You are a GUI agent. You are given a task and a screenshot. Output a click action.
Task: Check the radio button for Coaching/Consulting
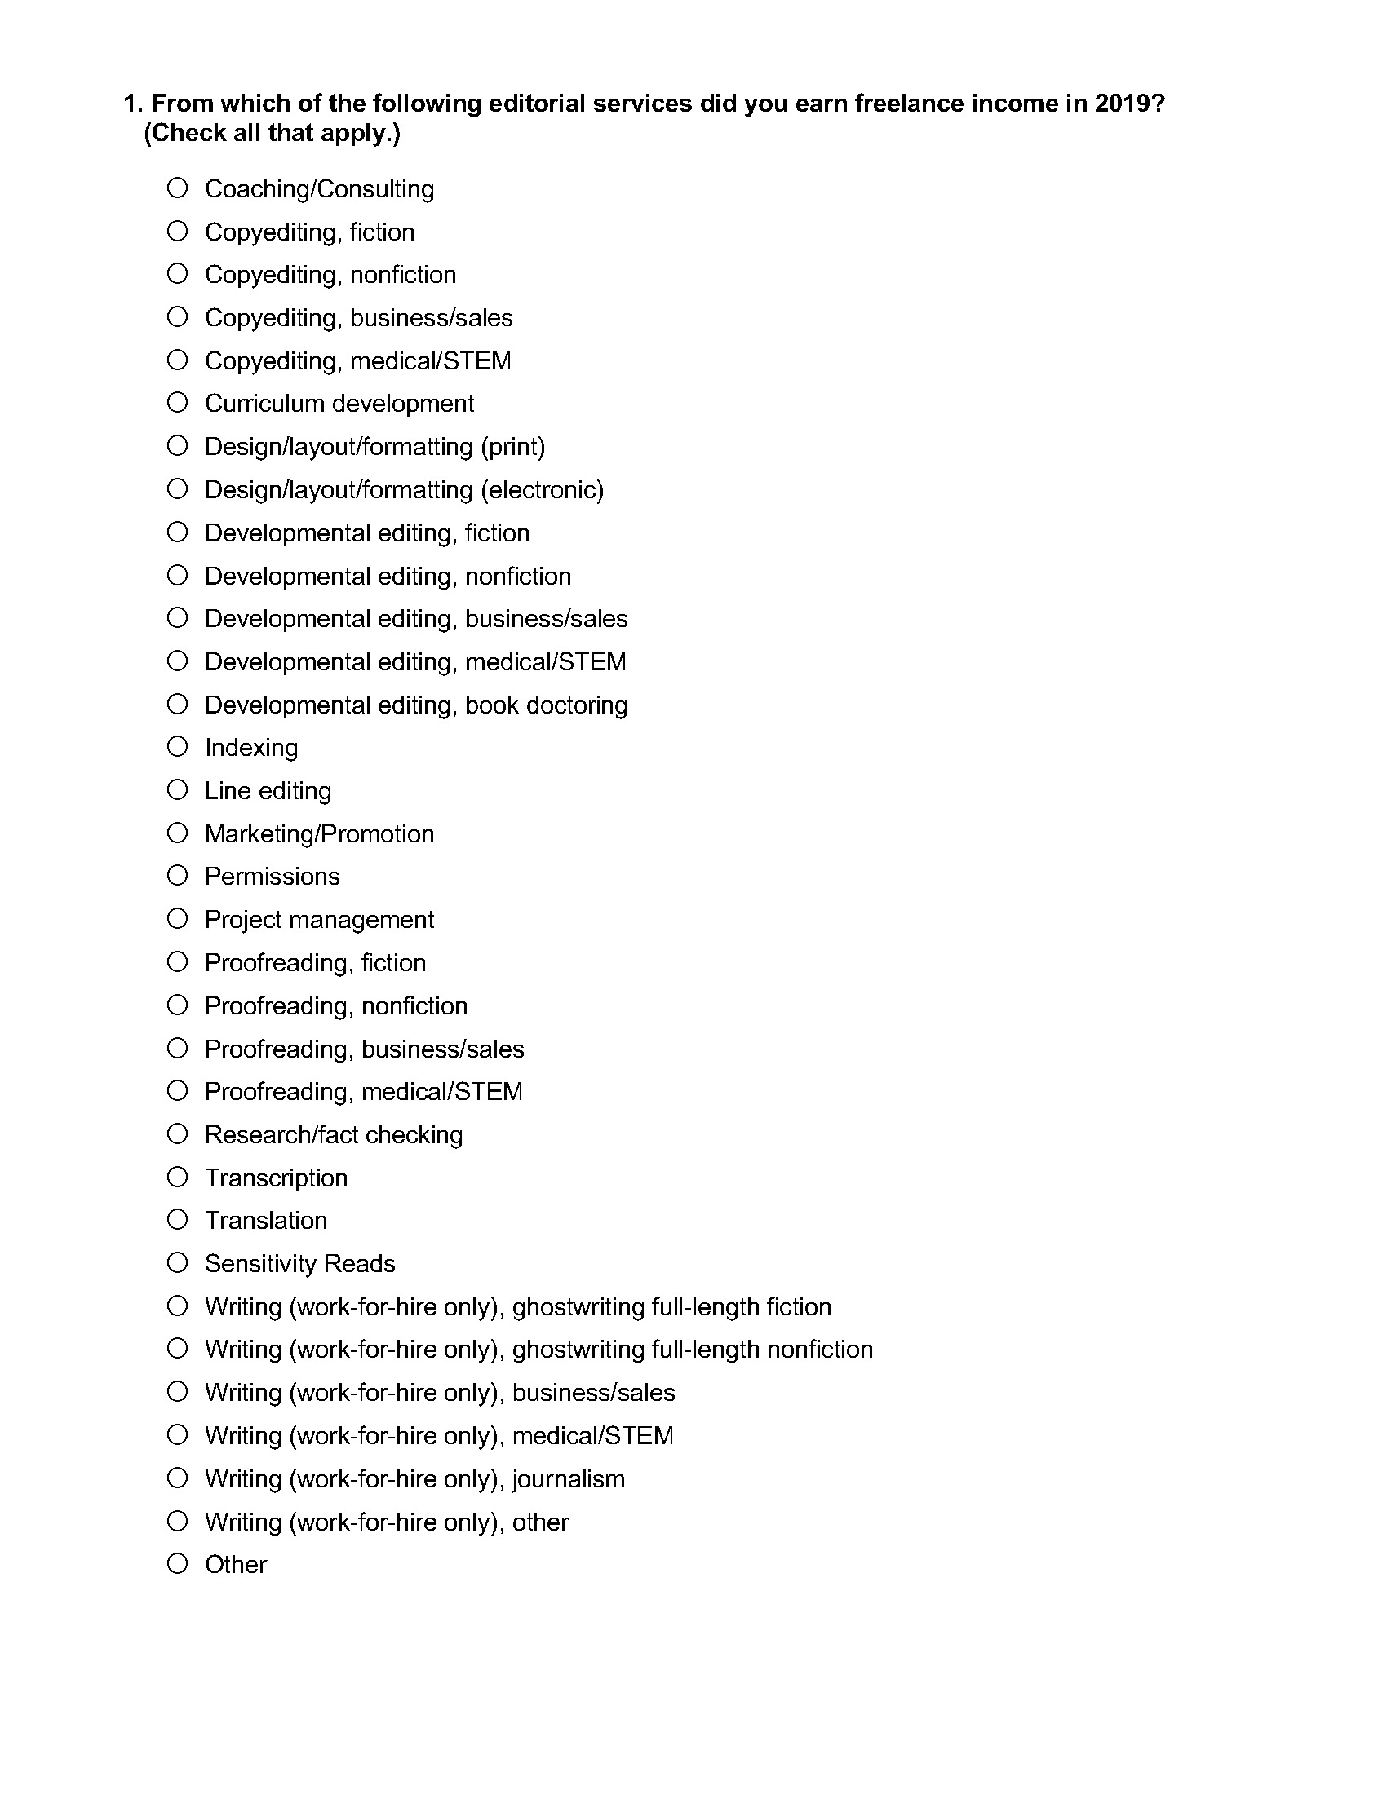[178, 188]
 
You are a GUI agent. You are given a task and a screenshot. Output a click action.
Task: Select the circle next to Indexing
[178, 747]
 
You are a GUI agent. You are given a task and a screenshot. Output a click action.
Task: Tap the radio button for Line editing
[178, 790]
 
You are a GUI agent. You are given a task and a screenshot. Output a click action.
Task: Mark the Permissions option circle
[178, 876]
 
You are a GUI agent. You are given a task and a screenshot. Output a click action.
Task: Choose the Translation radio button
[178, 1220]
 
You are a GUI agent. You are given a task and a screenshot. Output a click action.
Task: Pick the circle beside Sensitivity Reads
[178, 1262]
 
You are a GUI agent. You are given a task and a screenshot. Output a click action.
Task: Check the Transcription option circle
[178, 1177]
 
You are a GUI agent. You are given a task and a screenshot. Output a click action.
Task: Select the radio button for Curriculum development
[178, 403]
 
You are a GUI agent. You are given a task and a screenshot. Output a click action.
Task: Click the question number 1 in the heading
[131, 104]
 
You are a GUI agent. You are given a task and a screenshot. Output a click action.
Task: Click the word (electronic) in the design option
[543, 489]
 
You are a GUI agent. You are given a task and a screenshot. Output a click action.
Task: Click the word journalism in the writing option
[569, 1478]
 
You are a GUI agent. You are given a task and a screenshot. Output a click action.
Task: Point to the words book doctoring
[547, 705]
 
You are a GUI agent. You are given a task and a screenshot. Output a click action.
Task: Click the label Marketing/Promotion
[319, 833]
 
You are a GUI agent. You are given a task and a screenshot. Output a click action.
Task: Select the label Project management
[319, 919]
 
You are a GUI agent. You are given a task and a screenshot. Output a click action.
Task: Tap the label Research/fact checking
[334, 1134]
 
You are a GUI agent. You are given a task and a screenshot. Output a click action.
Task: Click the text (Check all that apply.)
[272, 133]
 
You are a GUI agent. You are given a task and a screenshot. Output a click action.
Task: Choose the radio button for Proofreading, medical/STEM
[178, 1091]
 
